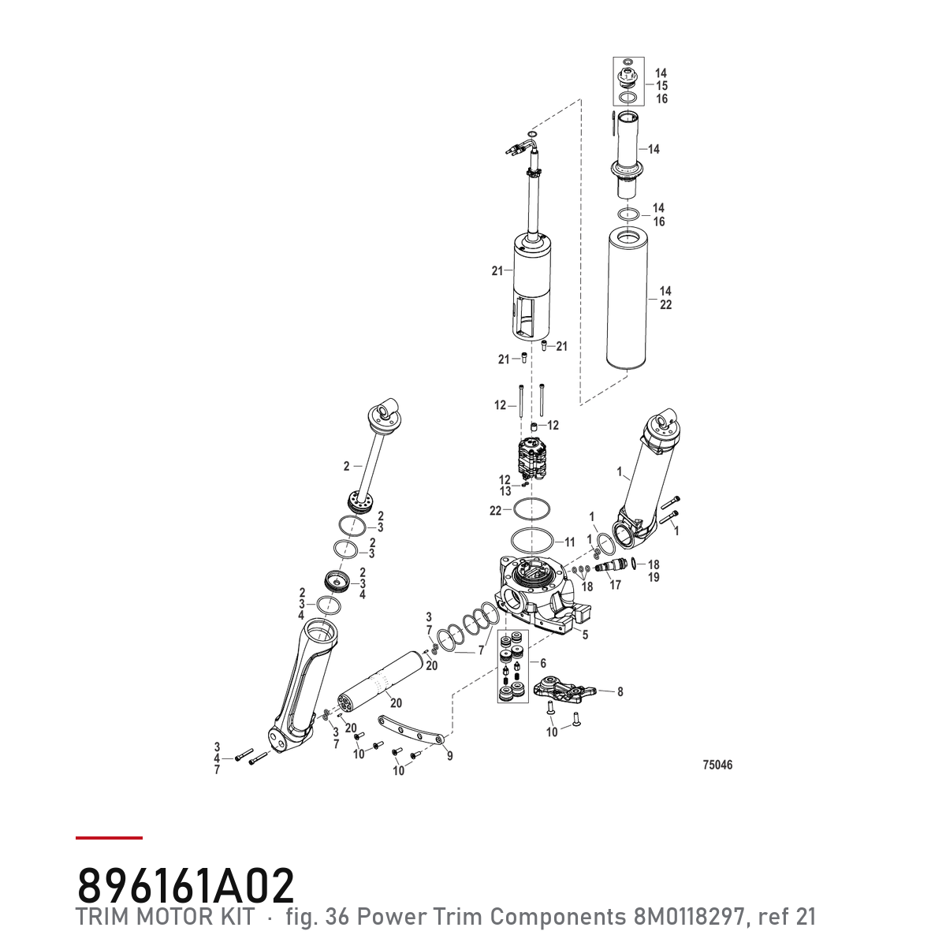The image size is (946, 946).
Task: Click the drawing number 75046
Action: click(x=717, y=765)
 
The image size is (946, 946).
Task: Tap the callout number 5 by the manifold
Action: click(x=585, y=635)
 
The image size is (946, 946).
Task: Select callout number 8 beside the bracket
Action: click(x=620, y=691)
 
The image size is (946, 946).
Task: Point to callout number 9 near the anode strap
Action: click(x=449, y=756)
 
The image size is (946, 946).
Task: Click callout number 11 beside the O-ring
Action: click(x=569, y=542)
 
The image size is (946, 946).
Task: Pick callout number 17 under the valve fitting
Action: click(x=615, y=585)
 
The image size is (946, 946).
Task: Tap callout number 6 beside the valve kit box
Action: click(x=543, y=663)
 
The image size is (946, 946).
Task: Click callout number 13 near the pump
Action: click(x=505, y=491)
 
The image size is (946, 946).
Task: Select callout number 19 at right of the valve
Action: click(x=654, y=577)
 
